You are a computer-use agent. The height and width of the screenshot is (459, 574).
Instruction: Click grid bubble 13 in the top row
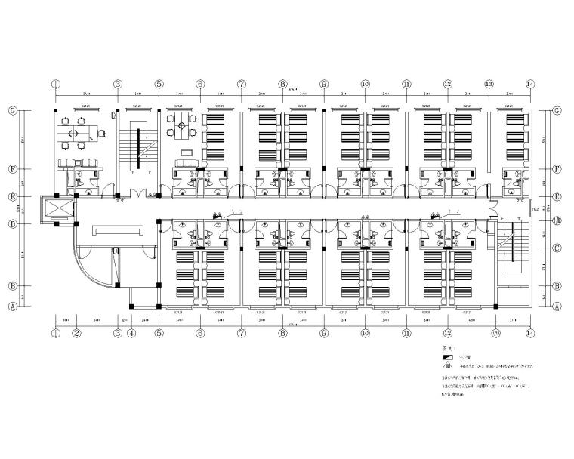489,84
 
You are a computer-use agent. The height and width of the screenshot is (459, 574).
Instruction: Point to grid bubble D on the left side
12,224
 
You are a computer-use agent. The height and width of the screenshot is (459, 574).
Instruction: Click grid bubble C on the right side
556,248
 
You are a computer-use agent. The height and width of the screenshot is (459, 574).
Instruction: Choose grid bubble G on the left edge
12,110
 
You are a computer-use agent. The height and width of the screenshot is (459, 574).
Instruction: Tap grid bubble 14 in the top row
530,84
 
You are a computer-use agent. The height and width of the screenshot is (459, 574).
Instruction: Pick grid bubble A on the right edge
556,307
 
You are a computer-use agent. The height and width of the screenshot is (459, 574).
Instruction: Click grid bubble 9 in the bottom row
323,332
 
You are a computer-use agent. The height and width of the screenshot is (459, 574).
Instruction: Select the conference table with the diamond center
181,132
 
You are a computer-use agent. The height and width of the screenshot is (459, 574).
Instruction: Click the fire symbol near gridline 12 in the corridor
434,217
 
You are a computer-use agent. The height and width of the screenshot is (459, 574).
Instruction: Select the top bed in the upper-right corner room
516,120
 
